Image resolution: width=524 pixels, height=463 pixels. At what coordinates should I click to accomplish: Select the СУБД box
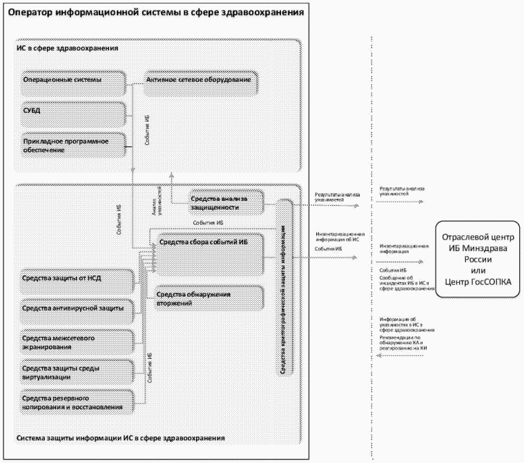[x=73, y=111]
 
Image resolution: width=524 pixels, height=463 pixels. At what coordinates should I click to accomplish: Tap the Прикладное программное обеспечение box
[x=73, y=144]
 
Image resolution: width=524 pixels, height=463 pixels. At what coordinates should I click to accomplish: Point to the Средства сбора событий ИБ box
[x=210, y=256]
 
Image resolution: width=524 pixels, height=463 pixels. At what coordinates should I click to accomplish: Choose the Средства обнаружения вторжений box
[x=210, y=298]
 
